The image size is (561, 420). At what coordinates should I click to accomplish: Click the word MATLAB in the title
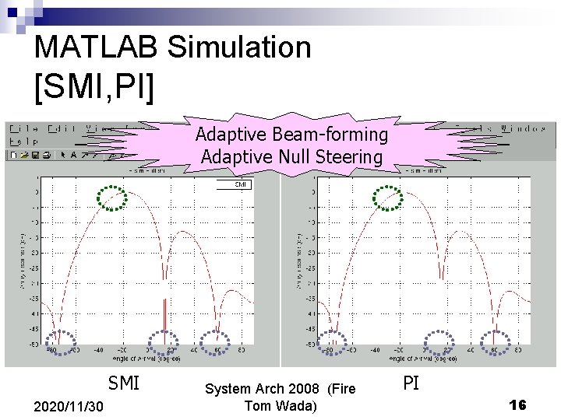click(x=97, y=47)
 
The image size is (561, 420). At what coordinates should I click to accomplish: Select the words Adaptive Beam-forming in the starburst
click(x=291, y=135)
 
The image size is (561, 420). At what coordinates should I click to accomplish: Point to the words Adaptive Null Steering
click(x=291, y=157)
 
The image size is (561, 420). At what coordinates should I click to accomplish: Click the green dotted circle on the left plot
click(x=113, y=198)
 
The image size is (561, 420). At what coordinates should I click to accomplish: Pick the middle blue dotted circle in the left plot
click(x=164, y=339)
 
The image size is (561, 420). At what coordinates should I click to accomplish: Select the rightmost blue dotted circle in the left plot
click(x=216, y=341)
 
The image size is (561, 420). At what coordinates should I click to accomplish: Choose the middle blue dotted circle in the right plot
click(x=440, y=341)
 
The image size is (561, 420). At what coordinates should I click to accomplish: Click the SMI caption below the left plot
click(x=123, y=383)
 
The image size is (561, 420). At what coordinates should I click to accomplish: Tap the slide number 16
click(x=517, y=404)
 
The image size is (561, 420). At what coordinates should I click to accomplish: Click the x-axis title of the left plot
click(x=149, y=359)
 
